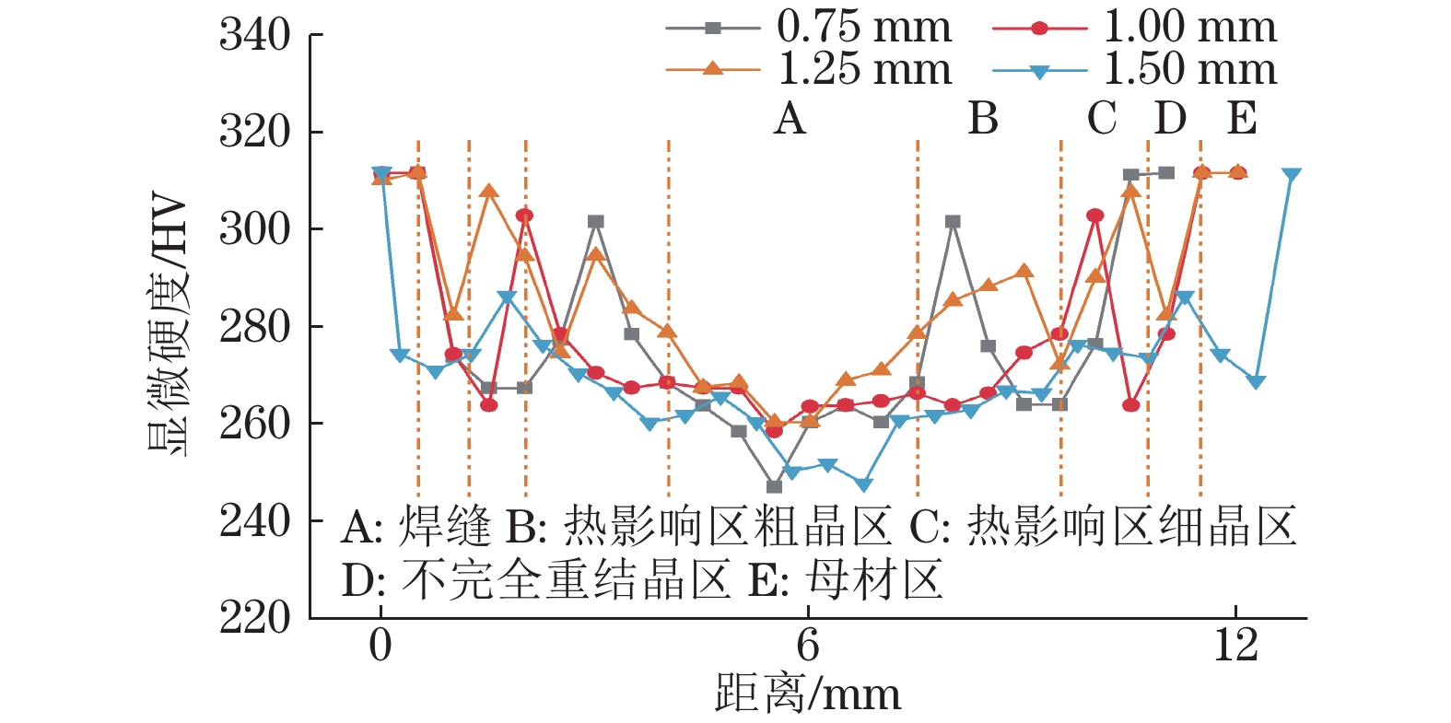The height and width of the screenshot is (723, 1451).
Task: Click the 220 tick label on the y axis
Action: tap(254, 618)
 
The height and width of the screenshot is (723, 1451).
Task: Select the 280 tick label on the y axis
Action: tap(254, 326)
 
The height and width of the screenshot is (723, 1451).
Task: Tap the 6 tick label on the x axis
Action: tap(808, 646)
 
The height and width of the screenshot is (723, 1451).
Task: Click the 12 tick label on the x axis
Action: tap(1235, 646)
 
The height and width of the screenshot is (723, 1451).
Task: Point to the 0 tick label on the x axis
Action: tap(380, 646)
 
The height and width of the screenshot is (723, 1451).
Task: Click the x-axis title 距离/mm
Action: tap(808, 694)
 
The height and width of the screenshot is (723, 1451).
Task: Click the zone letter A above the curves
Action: tap(790, 119)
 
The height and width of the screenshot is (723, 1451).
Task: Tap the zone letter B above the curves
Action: tap(983, 119)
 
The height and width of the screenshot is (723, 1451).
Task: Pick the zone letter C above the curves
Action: tap(1102, 119)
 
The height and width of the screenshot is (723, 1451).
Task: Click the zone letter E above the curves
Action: tap(1242, 119)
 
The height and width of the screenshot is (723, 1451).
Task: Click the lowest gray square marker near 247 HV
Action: tap(774, 486)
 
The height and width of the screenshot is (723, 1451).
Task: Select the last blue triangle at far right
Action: tap(1291, 175)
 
